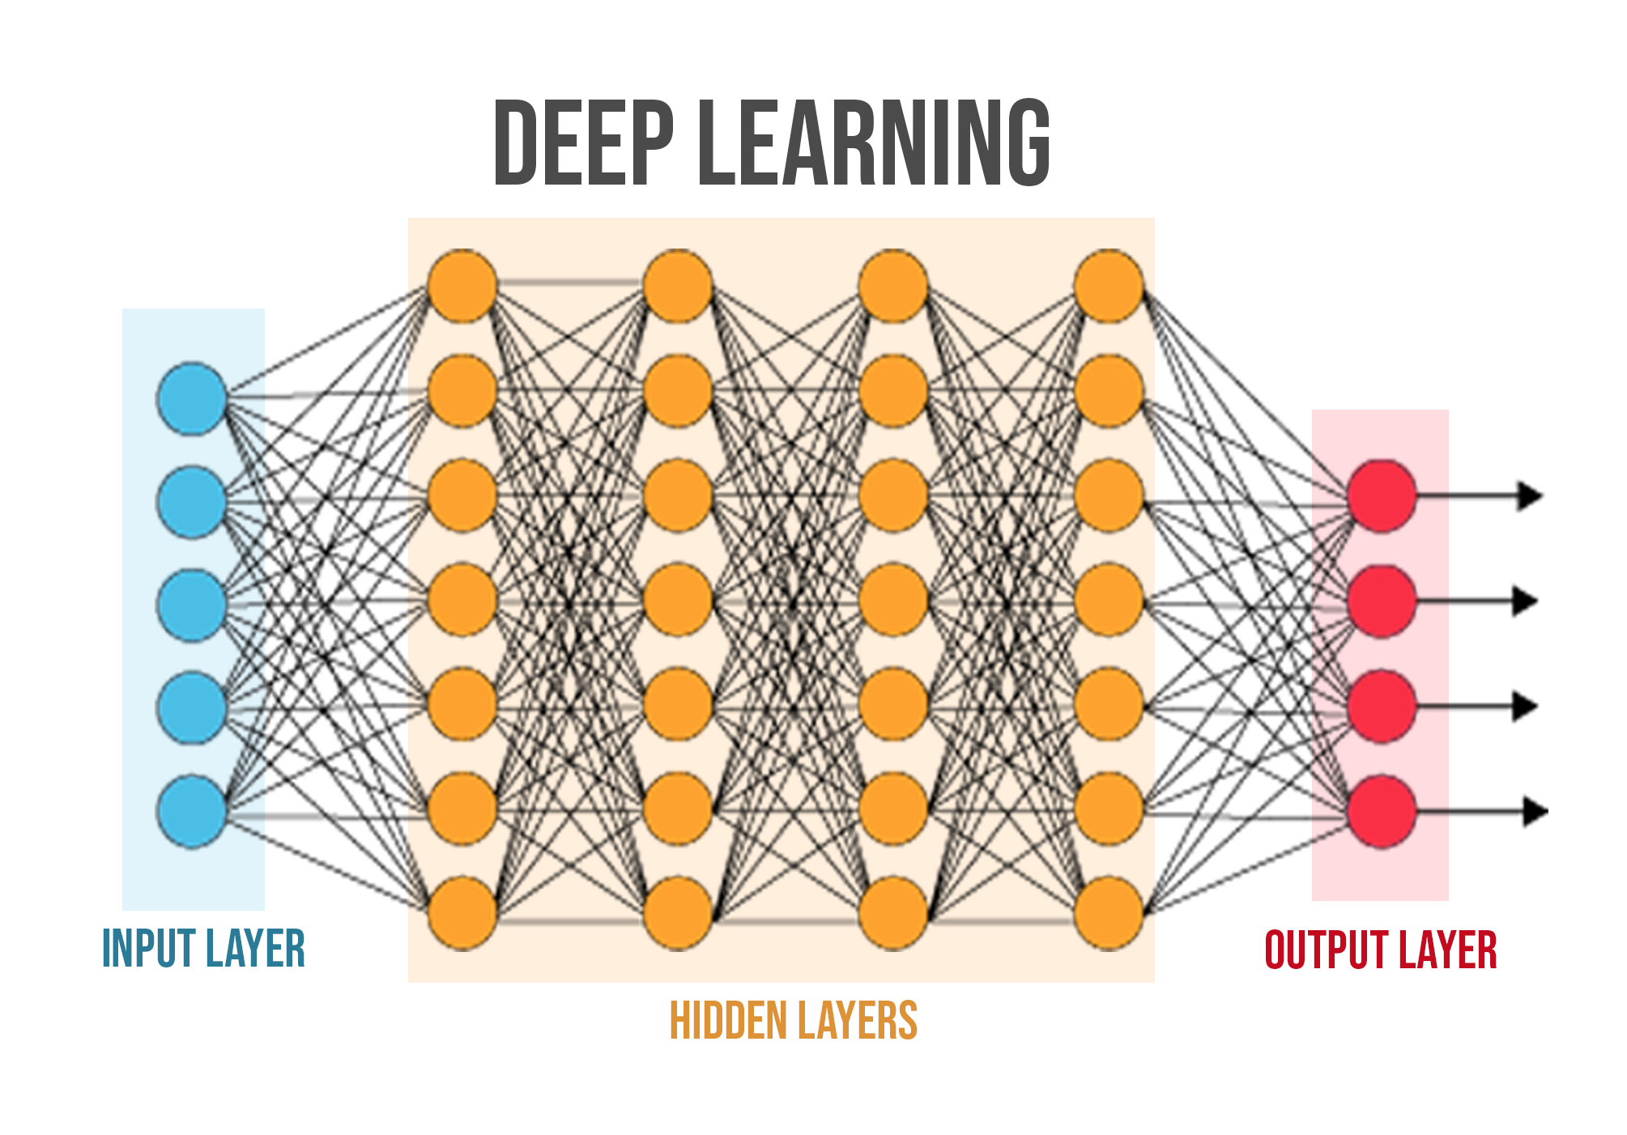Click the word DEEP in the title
[583, 143]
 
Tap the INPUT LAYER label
[203, 949]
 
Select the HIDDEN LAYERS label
[793, 1021]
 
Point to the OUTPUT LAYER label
[1380, 950]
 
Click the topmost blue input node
[191, 398]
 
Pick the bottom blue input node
[191, 811]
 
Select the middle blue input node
[191, 605]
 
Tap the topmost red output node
[1382, 495]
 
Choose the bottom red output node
[1382, 811]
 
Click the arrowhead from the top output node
[1529, 495]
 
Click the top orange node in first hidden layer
[462, 285]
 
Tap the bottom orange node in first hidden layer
[462, 913]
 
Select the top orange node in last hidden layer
[1109, 285]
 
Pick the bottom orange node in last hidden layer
[1109, 913]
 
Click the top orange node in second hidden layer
[678, 285]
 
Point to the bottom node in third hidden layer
[893, 913]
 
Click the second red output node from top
[1382, 601]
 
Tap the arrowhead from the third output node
[1525, 707]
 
